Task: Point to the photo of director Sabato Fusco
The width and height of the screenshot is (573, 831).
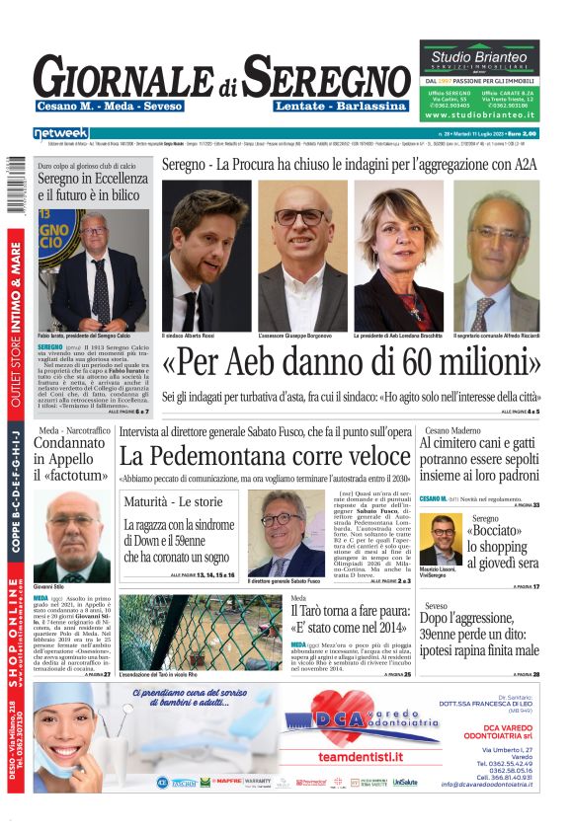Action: click(x=286, y=533)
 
